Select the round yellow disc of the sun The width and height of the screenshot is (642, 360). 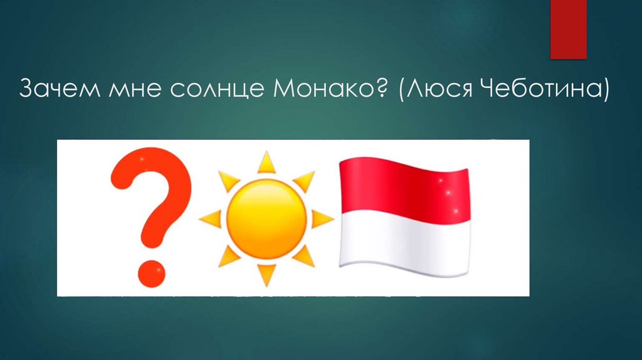tap(266, 219)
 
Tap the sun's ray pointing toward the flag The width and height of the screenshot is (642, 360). tap(322, 219)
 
